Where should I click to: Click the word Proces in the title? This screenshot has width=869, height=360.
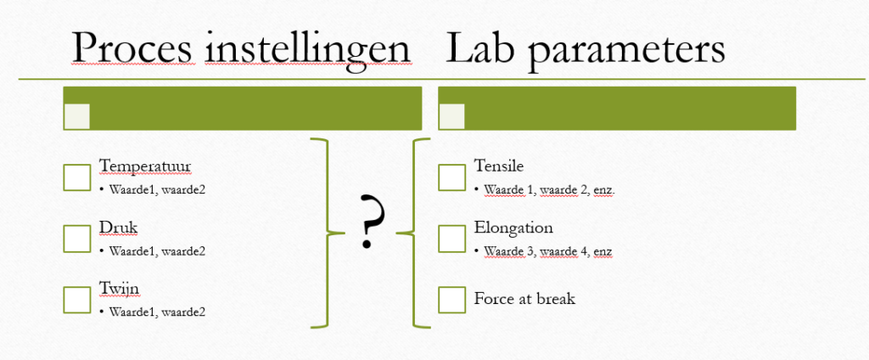point(133,48)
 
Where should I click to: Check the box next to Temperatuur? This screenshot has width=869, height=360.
point(77,177)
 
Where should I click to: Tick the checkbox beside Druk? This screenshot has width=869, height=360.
point(77,239)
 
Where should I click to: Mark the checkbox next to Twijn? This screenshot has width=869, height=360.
point(77,300)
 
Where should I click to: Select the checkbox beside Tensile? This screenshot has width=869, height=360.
point(451,177)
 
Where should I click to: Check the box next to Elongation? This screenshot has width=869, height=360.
point(451,239)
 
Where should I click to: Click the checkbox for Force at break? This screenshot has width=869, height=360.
point(451,300)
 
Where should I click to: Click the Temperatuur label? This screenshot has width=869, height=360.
point(145,166)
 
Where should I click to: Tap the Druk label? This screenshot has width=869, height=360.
point(118,228)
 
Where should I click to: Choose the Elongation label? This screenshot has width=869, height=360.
point(513,228)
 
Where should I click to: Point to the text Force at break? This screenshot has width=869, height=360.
point(524,299)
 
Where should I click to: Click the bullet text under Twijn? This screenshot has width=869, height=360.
point(157,312)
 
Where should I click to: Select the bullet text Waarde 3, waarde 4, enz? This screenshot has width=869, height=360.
point(547,250)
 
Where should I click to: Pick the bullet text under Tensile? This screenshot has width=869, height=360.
point(549,189)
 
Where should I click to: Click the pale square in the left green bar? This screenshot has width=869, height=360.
point(77,116)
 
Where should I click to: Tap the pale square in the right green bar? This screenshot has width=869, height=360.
point(451,116)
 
